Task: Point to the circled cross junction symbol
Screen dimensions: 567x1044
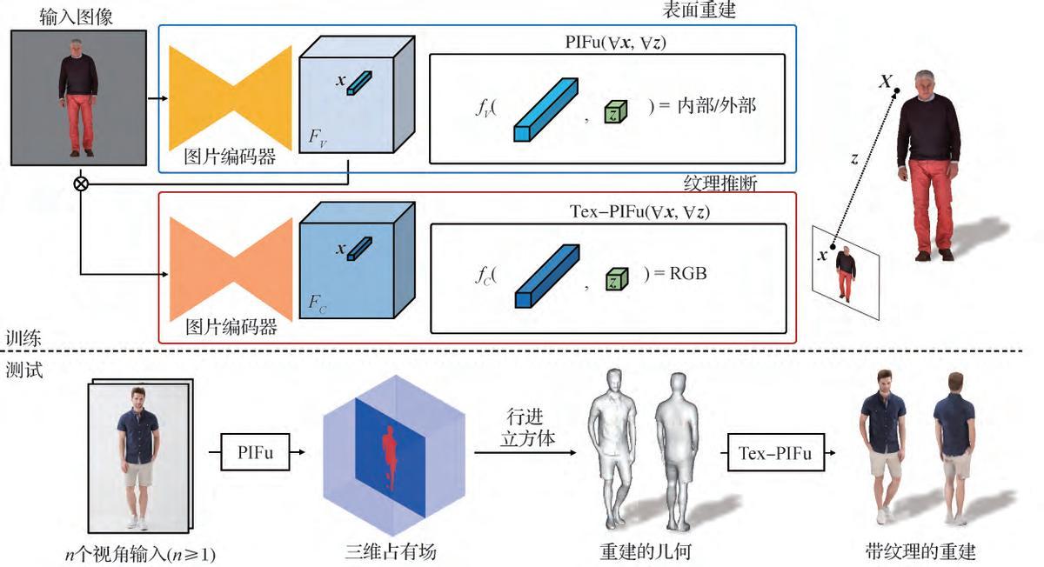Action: tap(83, 183)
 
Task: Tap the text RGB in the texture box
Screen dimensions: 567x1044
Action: tap(687, 273)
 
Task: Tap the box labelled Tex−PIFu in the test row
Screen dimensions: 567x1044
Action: tap(774, 452)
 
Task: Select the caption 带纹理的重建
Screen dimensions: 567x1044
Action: tap(920, 551)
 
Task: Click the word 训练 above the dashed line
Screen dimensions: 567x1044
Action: tap(23, 337)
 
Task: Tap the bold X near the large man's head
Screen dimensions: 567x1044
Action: tap(886, 82)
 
